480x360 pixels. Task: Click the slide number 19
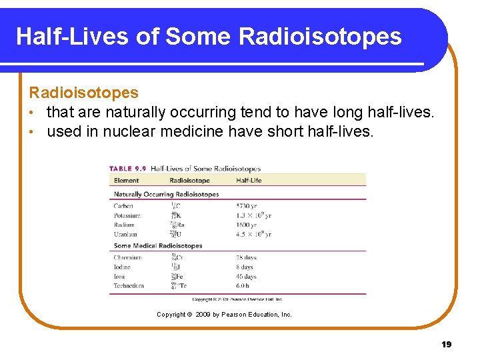446,344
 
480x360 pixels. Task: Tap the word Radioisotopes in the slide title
319,36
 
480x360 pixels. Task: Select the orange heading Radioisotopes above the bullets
83,93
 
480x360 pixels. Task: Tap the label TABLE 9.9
129,169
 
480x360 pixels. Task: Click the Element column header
127,180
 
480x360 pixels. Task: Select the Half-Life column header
249,180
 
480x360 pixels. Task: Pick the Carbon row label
123,206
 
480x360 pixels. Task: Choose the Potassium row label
127,215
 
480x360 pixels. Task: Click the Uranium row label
125,234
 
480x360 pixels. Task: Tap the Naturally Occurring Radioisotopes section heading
166,194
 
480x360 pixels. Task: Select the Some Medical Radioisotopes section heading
158,246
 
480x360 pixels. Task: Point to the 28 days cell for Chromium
246,257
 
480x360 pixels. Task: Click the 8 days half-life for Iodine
244,267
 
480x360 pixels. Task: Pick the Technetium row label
129,285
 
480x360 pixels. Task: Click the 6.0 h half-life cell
243,285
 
